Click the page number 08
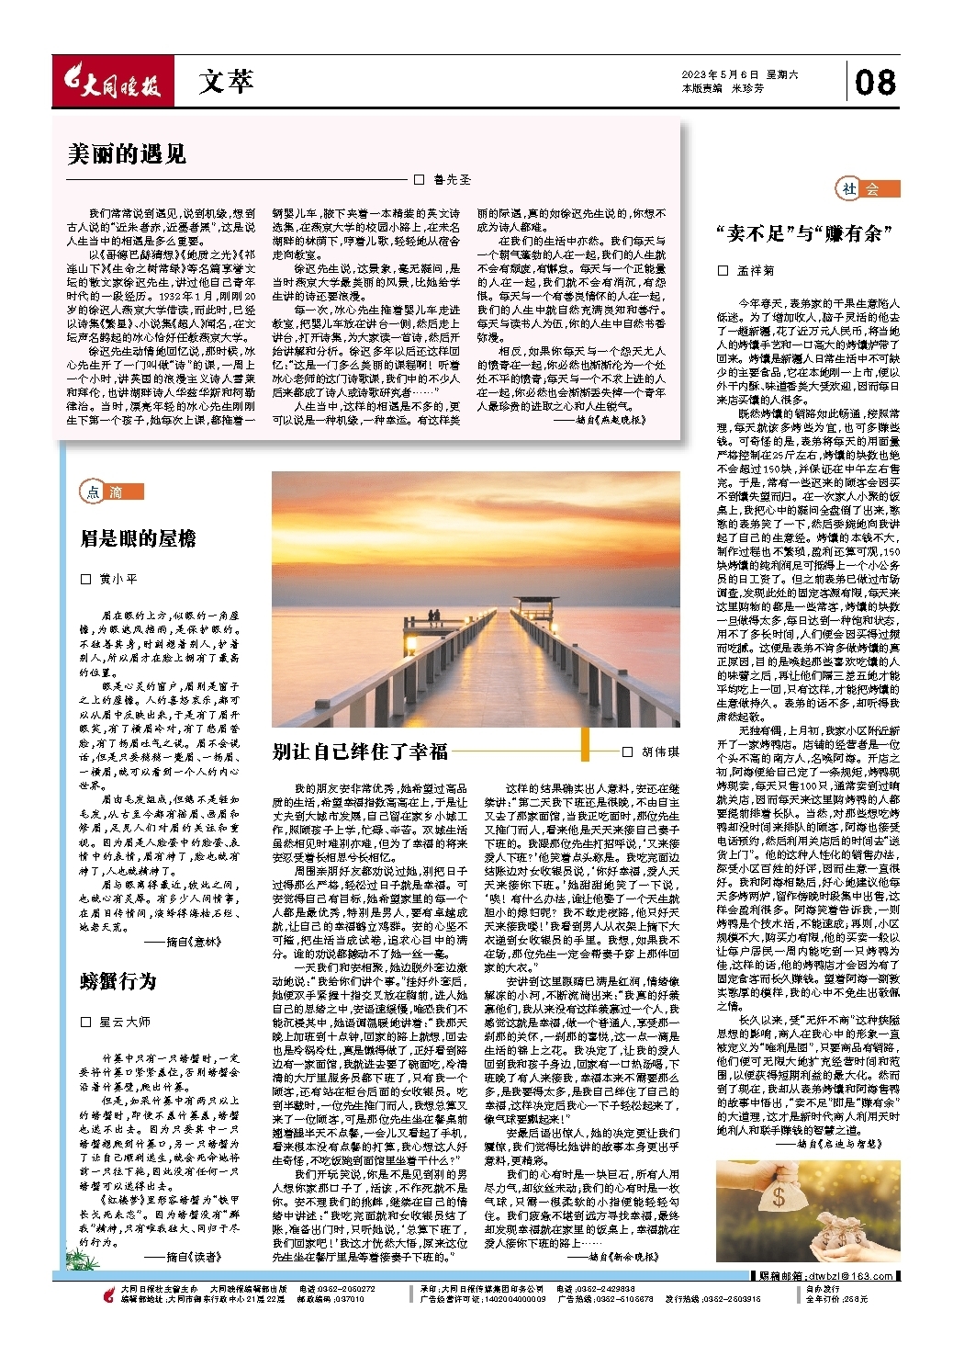874,83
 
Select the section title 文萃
225,83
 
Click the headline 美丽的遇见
127,154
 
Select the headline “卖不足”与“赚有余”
804,233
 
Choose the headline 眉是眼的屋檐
138,538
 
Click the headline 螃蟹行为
118,981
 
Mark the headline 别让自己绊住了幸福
360,751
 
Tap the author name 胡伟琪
660,751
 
